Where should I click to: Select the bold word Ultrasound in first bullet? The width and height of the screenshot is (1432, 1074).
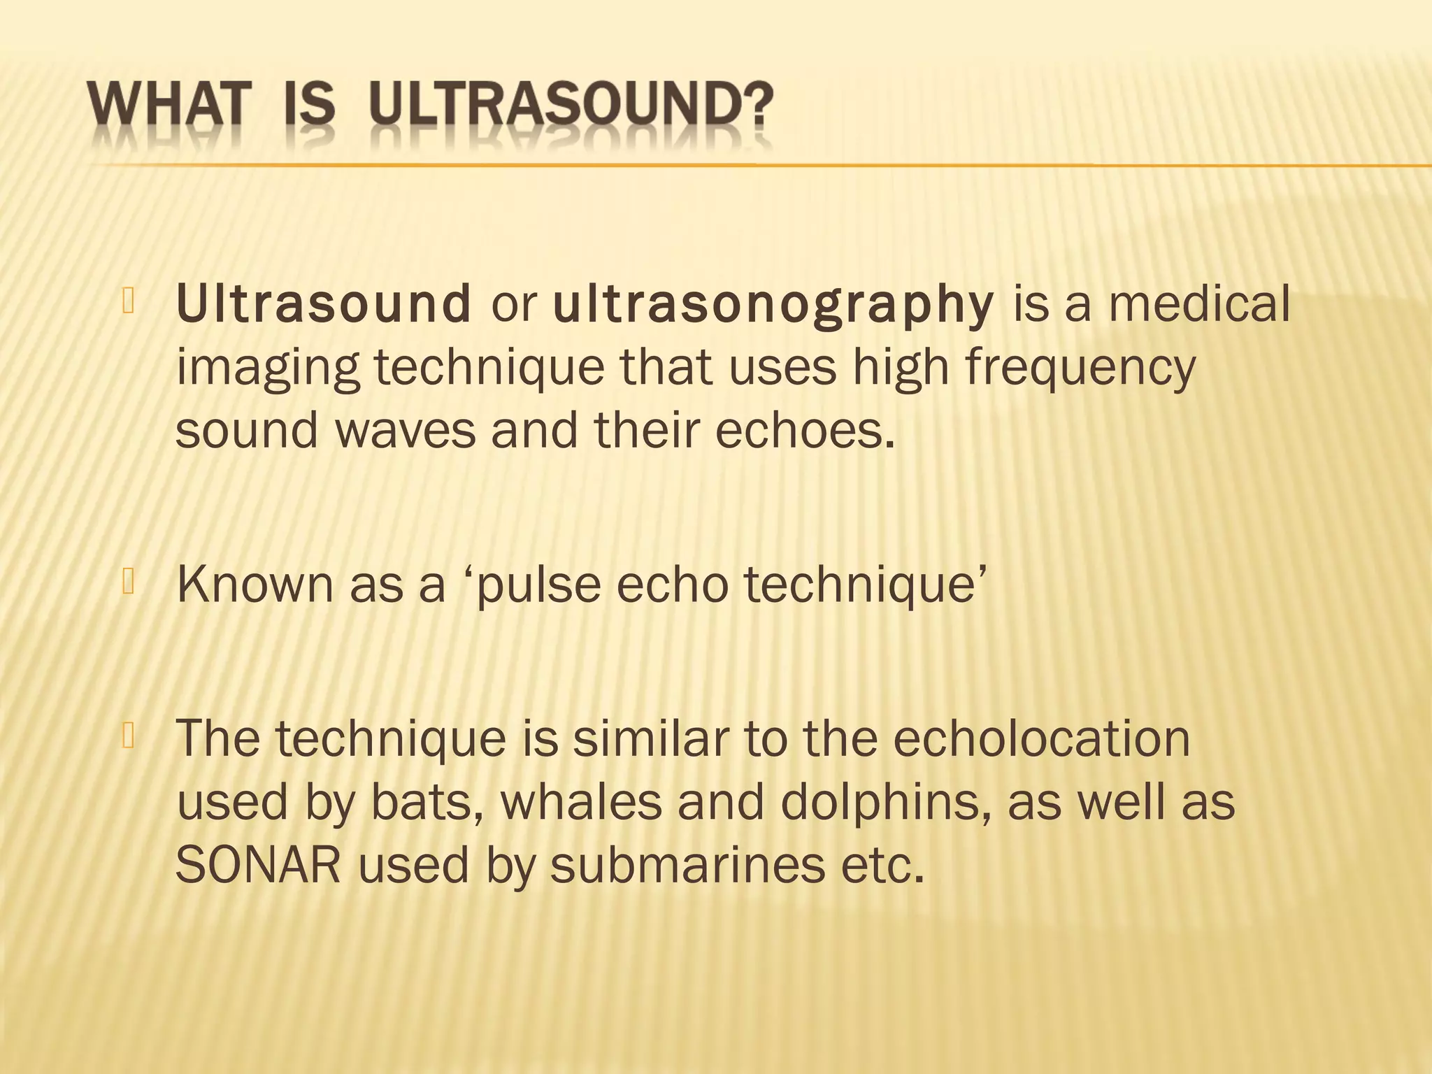pos(324,305)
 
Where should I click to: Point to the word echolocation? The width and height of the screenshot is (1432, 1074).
pos(1041,738)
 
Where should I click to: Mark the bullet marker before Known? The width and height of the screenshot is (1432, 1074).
pos(128,582)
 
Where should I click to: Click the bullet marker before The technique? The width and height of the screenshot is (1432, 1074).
pos(128,736)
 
